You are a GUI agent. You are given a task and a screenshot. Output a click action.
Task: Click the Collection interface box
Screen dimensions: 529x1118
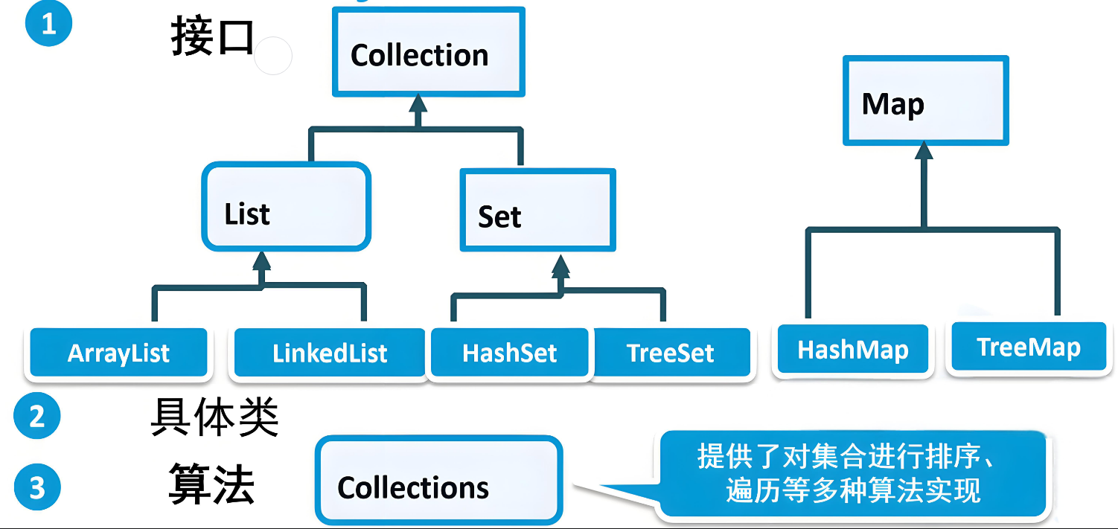click(x=428, y=53)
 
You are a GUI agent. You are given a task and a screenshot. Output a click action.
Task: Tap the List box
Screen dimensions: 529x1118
click(x=286, y=206)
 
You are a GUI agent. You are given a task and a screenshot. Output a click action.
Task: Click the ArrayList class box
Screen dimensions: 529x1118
click(x=118, y=353)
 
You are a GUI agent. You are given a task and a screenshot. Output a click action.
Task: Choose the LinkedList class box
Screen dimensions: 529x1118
click(x=330, y=353)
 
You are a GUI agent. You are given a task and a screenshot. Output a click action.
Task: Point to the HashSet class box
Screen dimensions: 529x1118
click(x=510, y=353)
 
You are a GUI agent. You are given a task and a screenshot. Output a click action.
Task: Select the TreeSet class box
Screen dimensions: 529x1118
click(x=671, y=353)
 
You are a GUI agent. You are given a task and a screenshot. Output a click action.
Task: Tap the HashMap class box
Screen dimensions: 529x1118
click(x=853, y=350)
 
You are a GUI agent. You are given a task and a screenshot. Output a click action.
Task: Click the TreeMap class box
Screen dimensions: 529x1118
click(x=1028, y=347)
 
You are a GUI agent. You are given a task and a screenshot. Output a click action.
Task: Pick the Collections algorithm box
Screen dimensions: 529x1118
click(x=438, y=480)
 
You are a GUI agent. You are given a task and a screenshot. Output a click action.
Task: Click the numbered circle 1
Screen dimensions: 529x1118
click(x=49, y=24)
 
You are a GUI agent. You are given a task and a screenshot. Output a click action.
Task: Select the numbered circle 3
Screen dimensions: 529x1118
click(x=37, y=488)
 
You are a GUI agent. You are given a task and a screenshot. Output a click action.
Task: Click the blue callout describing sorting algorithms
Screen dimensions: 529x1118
click(x=853, y=474)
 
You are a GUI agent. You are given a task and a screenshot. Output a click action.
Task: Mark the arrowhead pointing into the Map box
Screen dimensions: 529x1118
click(x=924, y=151)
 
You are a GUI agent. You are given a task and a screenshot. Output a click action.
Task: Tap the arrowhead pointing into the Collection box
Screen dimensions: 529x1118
click(x=418, y=103)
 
